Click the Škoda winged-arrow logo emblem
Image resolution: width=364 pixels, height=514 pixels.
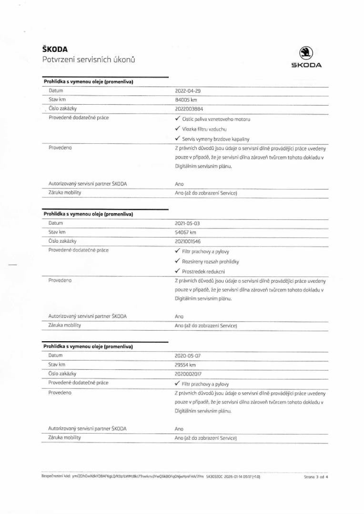306,53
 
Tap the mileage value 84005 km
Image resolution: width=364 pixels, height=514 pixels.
186,99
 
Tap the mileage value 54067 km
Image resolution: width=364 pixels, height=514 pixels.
186,232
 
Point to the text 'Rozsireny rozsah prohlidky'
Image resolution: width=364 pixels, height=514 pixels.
210,262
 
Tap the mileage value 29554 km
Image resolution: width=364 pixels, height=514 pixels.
186,365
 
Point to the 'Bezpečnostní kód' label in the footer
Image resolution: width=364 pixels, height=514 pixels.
55,476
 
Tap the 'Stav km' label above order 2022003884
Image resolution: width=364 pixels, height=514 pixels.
57,99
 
